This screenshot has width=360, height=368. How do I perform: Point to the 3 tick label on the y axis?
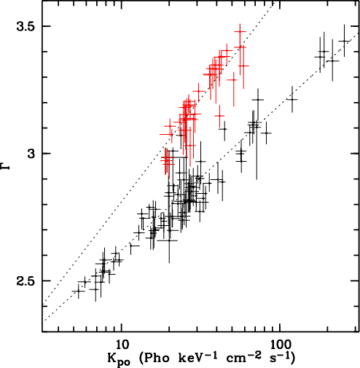tap(32, 154)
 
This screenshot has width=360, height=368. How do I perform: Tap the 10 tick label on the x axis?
tap(122, 344)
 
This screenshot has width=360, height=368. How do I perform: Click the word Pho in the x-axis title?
tap(154, 357)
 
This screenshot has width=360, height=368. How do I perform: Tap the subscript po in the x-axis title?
tap(124, 362)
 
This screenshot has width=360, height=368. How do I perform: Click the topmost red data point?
tap(240, 31)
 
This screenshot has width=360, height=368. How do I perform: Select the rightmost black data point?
tap(344, 41)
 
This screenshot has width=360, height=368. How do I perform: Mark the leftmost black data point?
tap(78, 291)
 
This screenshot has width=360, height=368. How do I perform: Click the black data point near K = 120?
tap(292, 99)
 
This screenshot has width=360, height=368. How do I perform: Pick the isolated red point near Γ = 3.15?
tap(220, 116)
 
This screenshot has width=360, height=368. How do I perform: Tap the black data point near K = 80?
tap(267, 133)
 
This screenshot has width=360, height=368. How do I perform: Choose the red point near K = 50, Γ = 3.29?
tap(234, 79)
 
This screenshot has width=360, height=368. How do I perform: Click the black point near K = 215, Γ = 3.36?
tap(332, 60)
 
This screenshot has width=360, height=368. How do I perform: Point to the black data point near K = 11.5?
tap(131, 246)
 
